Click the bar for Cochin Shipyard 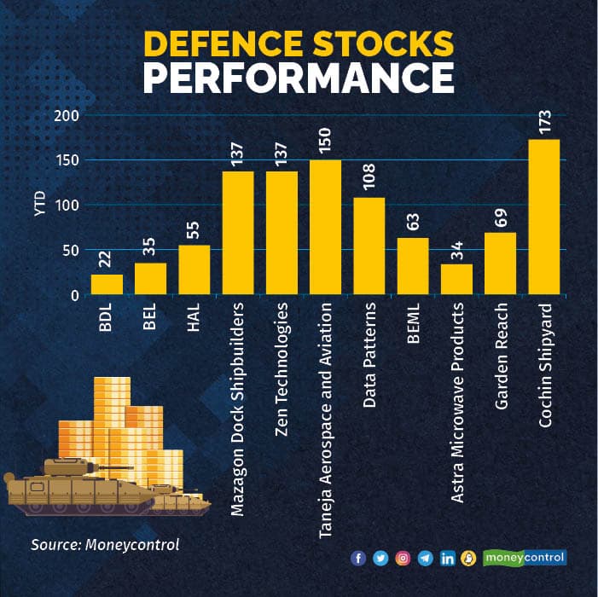[x=544, y=217]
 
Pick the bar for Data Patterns [x=369, y=246]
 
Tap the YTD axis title [x=40, y=206]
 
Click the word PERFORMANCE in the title [x=298, y=78]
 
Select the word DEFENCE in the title [x=229, y=43]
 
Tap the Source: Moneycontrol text [x=105, y=544]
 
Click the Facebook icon [x=358, y=559]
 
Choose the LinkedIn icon [x=447, y=559]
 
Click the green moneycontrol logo [x=525, y=558]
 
